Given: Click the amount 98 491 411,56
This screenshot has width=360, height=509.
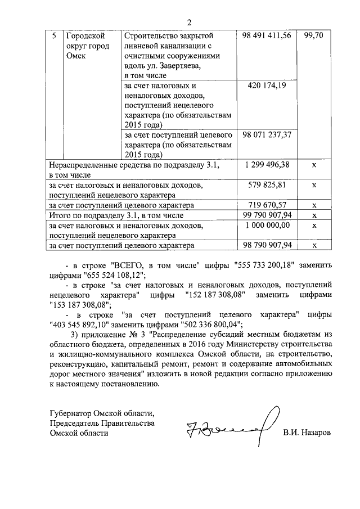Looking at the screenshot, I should tap(267, 35).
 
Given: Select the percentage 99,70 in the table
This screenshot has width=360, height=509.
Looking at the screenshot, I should tap(314, 35).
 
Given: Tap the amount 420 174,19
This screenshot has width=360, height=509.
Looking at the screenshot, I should tap(267, 85).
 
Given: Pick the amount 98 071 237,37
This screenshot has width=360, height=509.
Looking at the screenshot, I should tap(267, 135).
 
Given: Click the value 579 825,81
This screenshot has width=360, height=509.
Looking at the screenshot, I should tap(267, 184).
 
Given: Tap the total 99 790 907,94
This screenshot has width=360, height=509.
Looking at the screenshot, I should tap(267, 215).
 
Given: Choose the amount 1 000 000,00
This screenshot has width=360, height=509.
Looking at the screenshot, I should tap(267, 225).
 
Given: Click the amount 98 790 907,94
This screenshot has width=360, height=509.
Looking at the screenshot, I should tap(267, 245).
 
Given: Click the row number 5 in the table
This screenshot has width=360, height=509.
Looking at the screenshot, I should tap(53, 35).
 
